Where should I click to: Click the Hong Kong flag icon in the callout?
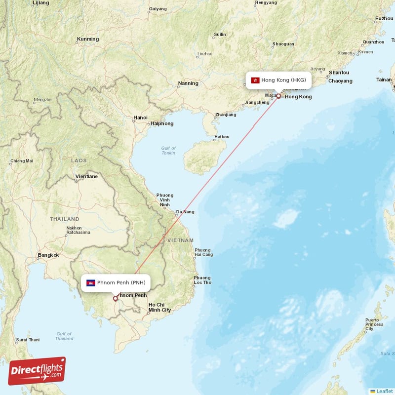pos(255,80)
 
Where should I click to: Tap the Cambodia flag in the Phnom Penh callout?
pos(90,283)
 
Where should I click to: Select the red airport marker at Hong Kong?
pos(278,96)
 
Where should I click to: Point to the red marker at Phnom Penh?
pos(115,298)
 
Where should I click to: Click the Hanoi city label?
pos(140,118)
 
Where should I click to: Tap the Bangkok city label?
pos(48,255)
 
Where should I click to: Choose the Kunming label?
pos(88,39)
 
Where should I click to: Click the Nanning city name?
pos(188,83)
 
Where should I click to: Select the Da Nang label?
pos(185,212)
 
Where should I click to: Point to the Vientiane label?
pos(86,176)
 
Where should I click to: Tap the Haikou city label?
pos(222,137)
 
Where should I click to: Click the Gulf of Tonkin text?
pos(168,151)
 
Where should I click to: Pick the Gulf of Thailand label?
pos(64,336)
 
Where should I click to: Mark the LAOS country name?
pos(79,160)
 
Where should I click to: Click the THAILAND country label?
pos(64,219)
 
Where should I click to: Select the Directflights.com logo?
pos(37,371)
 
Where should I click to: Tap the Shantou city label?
pos(339,73)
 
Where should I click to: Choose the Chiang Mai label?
pos(22,160)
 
